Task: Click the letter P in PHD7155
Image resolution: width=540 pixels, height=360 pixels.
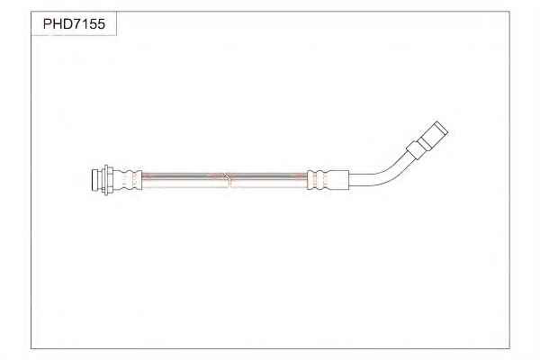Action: coord(48,24)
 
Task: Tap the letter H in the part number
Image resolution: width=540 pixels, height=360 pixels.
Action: coord(57,24)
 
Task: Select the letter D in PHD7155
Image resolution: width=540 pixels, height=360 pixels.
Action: coord(67,24)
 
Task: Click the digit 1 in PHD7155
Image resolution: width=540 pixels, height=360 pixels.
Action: coord(84,24)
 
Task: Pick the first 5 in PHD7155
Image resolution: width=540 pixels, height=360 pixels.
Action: coord(92,24)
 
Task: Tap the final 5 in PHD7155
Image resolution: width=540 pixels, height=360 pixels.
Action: coord(101,24)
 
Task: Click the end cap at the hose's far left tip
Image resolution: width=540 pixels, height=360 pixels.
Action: coord(97,180)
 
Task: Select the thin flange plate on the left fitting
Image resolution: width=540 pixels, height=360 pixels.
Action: coord(106,180)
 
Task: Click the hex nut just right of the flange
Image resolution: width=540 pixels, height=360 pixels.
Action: coord(112,180)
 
